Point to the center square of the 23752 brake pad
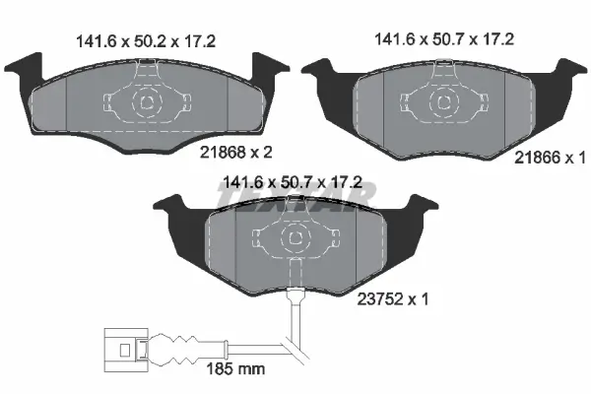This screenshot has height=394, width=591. coord(295,238)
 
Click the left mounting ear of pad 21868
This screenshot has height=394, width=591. coord(33,72)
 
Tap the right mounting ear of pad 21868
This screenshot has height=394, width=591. coord(262,72)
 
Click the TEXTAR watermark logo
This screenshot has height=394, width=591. coord(295,202)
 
